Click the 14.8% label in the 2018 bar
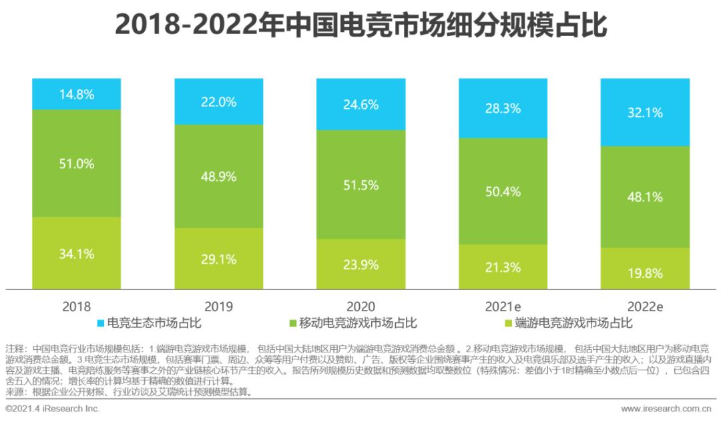tap(77, 94)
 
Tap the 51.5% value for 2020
tap(361, 184)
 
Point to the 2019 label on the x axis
tap(219, 306)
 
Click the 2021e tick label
tap(503, 306)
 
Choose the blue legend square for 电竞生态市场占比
tap(100, 324)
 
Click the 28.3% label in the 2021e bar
tap(503, 108)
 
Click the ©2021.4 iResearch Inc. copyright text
tap(52, 408)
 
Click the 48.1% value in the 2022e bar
tap(645, 197)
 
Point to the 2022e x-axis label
tap(645, 306)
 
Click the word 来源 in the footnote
tap(14, 392)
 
